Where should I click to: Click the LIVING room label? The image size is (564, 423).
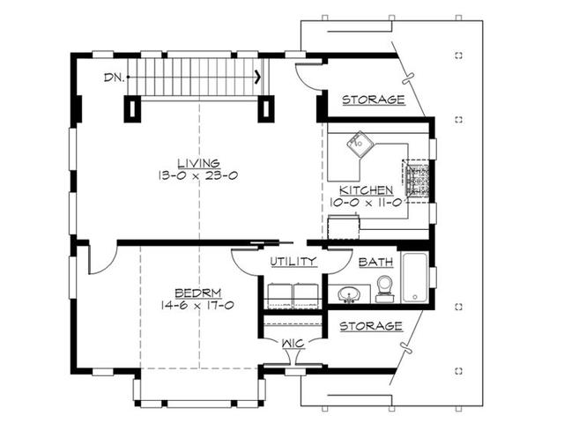[199, 163]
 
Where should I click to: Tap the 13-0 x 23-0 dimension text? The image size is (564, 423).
[197, 176]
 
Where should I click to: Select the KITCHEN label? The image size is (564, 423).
[367, 190]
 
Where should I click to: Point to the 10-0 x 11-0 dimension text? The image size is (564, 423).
[366, 203]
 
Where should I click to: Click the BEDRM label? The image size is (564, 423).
[197, 293]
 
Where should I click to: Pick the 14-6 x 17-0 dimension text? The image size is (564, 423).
[197, 306]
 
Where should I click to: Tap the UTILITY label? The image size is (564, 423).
[293, 262]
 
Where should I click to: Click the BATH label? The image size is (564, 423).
[375, 263]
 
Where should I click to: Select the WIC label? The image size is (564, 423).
[293, 344]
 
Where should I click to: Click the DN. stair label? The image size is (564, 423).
[114, 78]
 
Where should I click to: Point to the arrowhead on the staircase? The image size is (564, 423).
[258, 77]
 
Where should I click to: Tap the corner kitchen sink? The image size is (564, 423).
[360, 144]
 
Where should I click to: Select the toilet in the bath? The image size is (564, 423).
[384, 289]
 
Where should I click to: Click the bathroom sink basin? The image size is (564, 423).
[349, 294]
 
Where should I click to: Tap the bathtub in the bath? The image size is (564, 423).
[415, 278]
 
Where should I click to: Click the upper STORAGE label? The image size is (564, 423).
[374, 100]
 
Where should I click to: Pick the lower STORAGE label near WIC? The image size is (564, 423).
[371, 326]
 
